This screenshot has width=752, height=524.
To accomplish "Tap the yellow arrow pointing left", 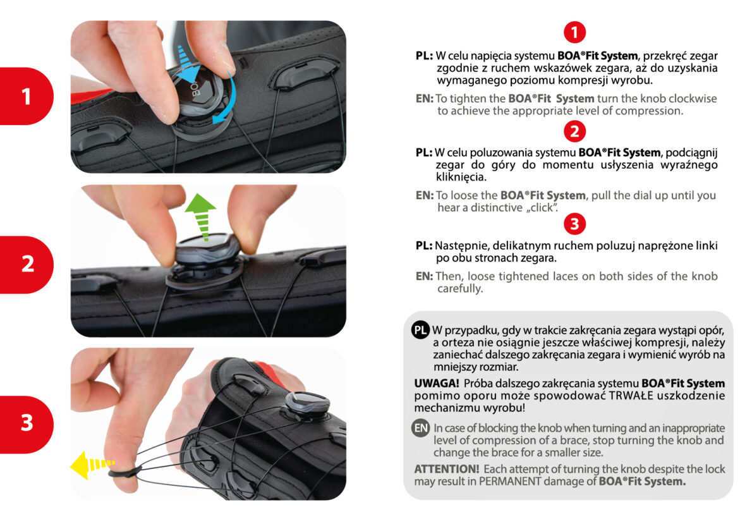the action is pos(91,465).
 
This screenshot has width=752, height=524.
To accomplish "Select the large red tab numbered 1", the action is pos(27,97).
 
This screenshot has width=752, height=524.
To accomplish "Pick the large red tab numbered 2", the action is pos(27,264).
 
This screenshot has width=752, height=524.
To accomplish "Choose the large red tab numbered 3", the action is pos(27,424).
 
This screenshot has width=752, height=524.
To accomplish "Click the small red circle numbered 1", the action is pos(574,33).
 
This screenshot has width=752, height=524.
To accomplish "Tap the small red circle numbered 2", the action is pos(574,131).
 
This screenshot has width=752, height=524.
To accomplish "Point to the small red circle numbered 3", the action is pos(574,224).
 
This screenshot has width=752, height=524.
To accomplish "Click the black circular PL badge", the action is pos(421,330).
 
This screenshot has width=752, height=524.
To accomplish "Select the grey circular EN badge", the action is pos(421,427).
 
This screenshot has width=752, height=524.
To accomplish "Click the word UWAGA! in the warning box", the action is pos(437,384).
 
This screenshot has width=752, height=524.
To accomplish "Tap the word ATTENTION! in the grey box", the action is pos(447,469).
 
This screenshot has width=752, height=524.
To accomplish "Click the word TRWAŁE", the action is pos(631,396).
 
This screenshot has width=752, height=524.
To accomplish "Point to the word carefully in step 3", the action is pos(460,288).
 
